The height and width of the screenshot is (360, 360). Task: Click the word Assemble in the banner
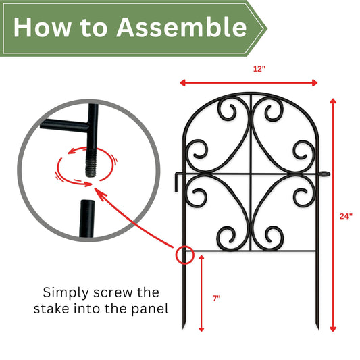(182, 27)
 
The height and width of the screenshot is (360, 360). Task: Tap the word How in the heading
(43, 27)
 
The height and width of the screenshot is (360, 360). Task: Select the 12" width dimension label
(259, 69)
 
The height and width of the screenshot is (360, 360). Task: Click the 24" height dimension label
(346, 216)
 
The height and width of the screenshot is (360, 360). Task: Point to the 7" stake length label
(216, 299)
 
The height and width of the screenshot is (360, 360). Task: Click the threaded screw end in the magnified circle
(91, 163)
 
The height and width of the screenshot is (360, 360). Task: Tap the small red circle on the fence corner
(185, 255)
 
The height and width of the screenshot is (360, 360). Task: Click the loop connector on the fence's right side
(324, 174)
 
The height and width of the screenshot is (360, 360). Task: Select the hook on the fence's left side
(178, 182)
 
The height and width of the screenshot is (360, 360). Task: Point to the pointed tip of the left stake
(184, 328)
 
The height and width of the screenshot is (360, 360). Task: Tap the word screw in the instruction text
(113, 292)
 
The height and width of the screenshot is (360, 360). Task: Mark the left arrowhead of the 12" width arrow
(183, 83)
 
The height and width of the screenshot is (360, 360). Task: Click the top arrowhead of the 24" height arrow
(333, 101)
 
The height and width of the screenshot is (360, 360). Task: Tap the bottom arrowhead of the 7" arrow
(201, 329)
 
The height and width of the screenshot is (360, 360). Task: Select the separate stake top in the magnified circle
(87, 218)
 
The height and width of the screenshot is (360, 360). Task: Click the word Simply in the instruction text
(66, 293)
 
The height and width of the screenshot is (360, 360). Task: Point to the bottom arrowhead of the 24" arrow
(333, 329)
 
